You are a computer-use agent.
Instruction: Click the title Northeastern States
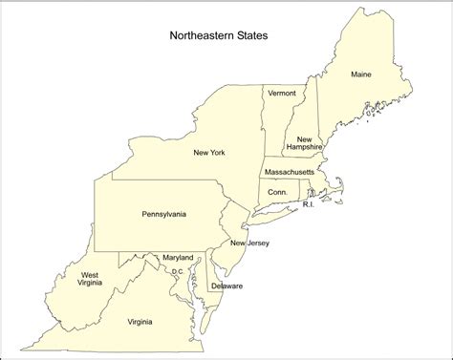[x=219, y=36]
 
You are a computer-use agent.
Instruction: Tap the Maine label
[x=361, y=74]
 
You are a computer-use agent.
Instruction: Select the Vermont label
[x=282, y=93]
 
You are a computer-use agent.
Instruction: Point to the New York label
[x=209, y=153]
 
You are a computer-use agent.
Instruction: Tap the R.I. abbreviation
[x=309, y=204]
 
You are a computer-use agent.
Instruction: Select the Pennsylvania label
[x=164, y=214]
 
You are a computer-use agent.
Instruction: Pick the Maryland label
[x=178, y=258]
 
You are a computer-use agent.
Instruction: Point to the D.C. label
[x=178, y=271]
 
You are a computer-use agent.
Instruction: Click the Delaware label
[x=227, y=286]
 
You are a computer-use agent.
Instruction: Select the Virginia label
[x=146, y=321]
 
